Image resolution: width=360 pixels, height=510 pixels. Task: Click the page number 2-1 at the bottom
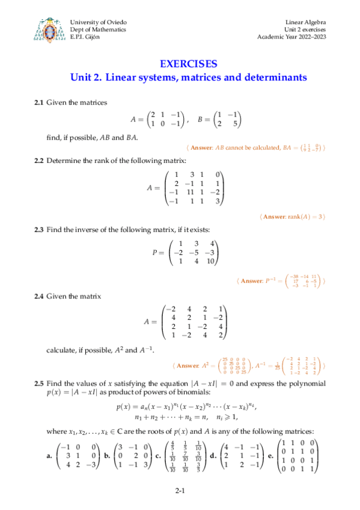point(180,492)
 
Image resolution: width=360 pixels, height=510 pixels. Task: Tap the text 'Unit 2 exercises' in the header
point(304,29)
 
